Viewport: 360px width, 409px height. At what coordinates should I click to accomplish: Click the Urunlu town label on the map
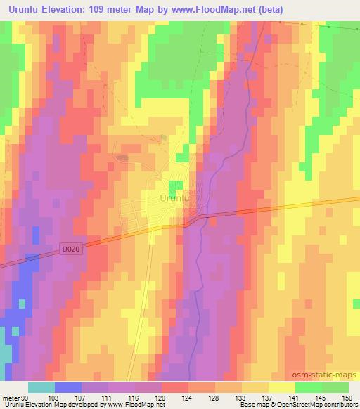coord(175,198)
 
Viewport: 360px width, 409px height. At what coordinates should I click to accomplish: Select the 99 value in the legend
coord(27,397)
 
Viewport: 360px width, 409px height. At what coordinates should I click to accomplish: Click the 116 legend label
coord(134,397)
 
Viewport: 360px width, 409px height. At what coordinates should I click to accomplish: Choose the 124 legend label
coord(188,397)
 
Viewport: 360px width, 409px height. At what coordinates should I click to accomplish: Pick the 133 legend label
coord(241,397)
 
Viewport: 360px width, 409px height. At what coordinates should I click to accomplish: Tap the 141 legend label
coord(295,397)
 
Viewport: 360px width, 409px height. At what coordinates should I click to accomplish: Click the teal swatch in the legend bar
coord(41,387)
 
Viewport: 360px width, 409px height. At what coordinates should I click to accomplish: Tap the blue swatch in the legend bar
coord(68,387)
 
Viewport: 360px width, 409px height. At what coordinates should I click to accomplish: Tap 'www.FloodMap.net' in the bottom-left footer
coord(134,405)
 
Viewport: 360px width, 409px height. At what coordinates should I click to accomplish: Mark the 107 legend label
coord(82,397)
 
